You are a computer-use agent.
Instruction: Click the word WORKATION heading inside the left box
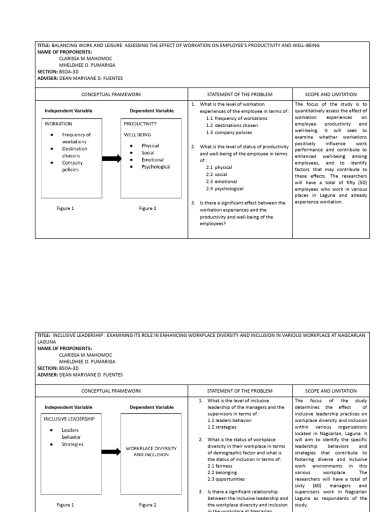pos(58,123)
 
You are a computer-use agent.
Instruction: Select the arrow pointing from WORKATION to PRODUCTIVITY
pos(111,158)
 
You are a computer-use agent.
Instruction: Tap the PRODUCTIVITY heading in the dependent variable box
pos(140,123)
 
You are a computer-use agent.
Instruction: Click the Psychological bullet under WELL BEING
pos(155,166)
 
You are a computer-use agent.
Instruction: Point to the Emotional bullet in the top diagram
pos(152,159)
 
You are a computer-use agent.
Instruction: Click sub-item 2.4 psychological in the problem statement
pos(224,188)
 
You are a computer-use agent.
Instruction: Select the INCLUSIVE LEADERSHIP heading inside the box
pos(69,418)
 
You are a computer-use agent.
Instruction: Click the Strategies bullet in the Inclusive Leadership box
pos(72,444)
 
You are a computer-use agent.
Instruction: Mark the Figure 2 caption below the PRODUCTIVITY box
pos(147,208)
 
